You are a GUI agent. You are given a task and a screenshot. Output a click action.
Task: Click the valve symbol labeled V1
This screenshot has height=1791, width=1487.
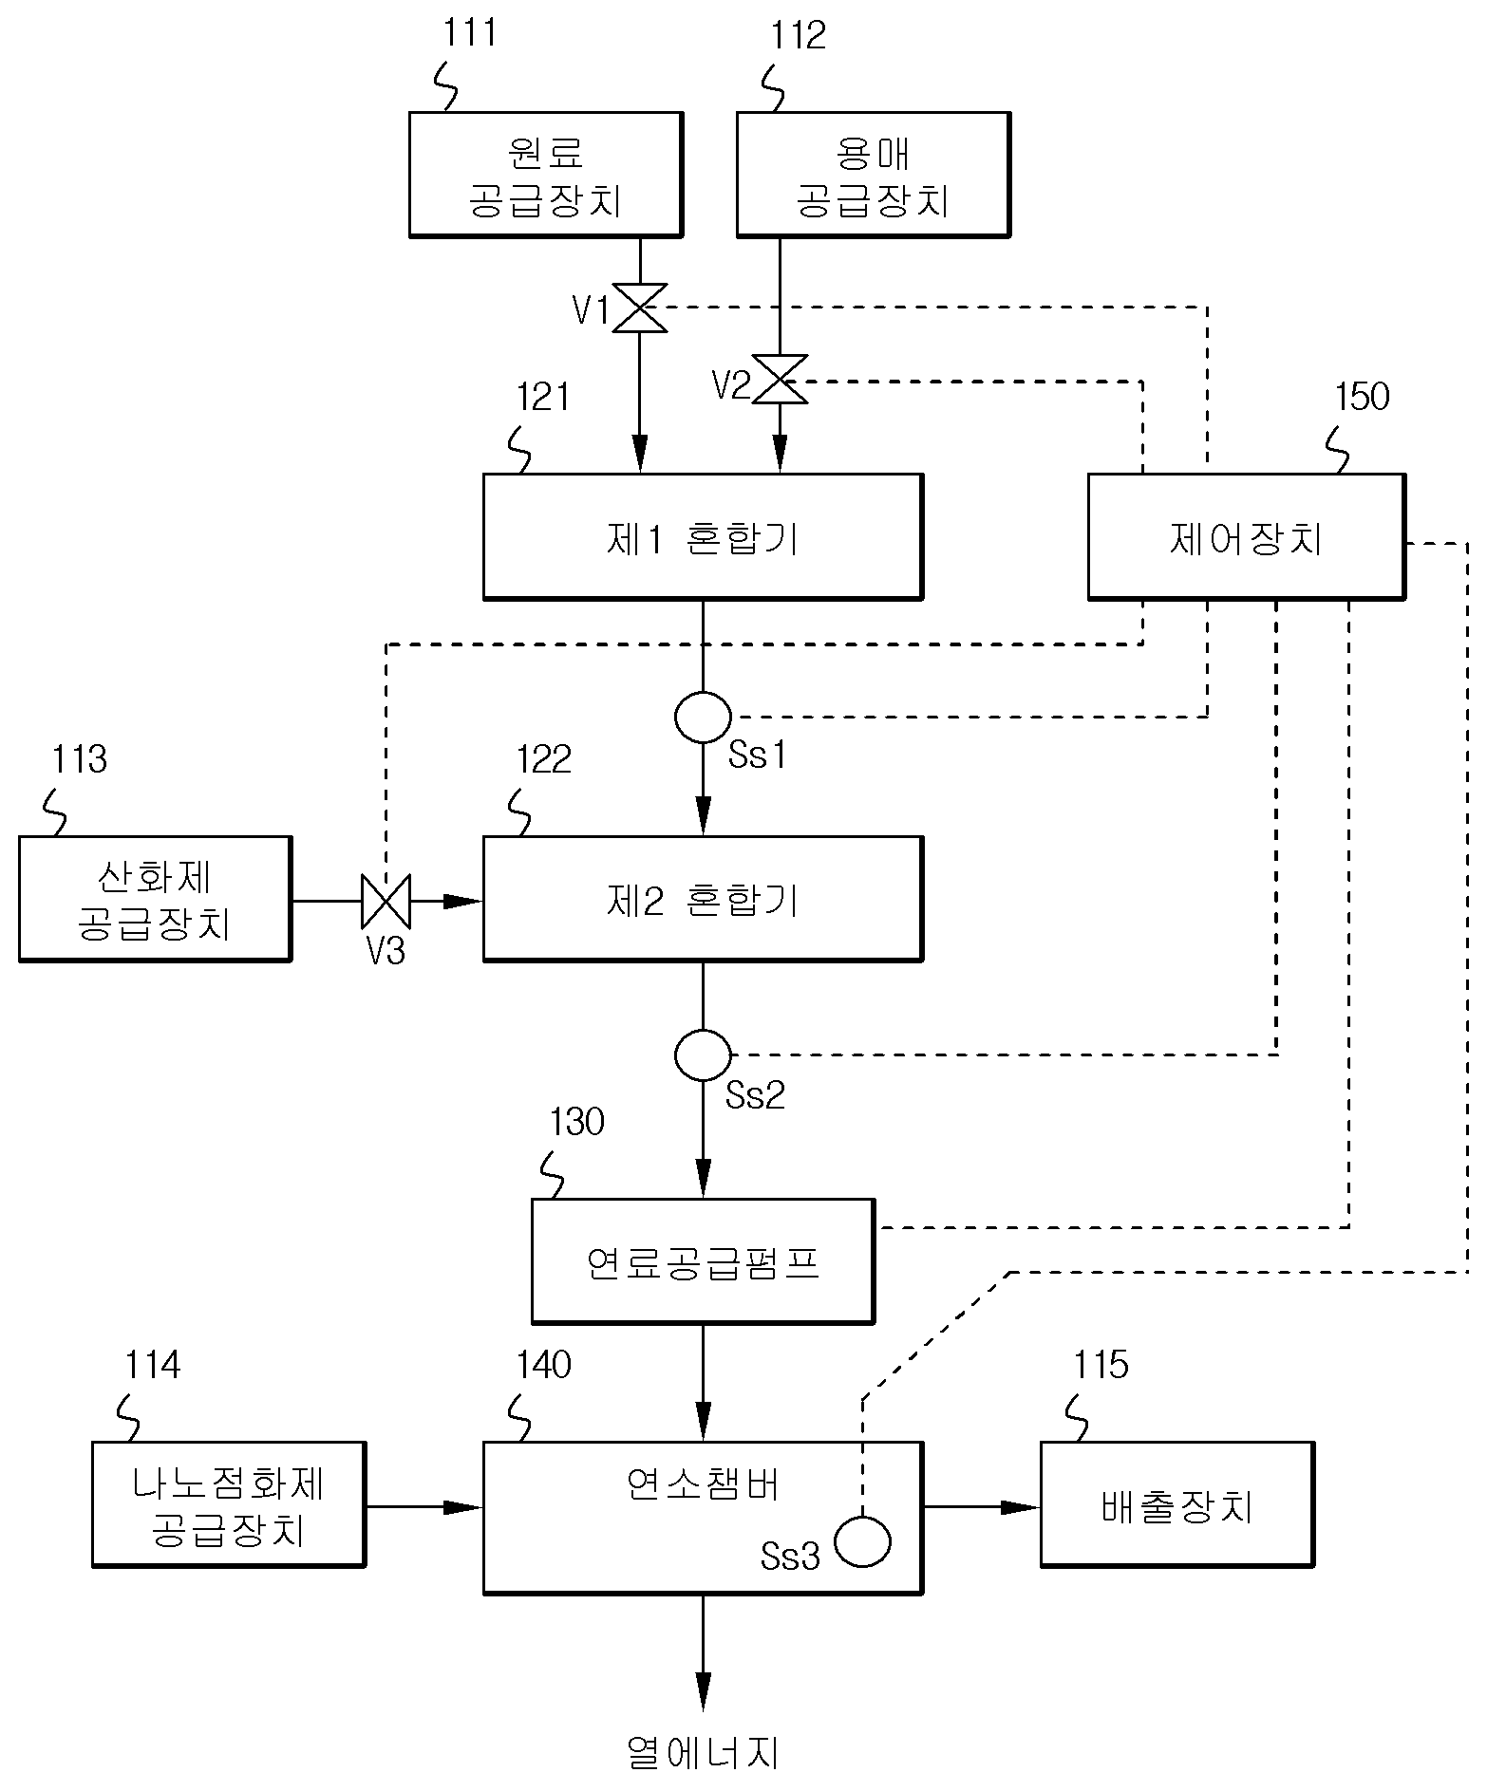tap(640, 308)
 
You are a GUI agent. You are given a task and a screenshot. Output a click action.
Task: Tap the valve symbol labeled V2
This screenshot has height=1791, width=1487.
tap(780, 380)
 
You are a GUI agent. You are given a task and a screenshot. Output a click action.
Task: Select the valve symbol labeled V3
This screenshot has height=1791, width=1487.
tap(386, 902)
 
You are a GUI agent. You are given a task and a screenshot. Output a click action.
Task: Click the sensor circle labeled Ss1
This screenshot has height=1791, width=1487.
tap(703, 717)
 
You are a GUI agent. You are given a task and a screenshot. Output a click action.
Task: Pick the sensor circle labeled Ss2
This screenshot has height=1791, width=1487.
tap(703, 1054)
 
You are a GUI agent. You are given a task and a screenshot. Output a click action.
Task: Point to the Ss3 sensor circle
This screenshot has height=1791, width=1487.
tap(862, 1541)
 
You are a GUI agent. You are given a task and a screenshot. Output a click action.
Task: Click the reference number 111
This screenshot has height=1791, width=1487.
tap(470, 33)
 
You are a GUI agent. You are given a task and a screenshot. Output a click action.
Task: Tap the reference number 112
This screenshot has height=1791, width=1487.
tap(799, 35)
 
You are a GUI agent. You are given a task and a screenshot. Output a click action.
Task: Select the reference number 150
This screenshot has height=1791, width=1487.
tap(1362, 397)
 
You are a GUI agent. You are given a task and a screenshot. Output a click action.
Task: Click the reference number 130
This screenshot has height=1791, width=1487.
tap(576, 1122)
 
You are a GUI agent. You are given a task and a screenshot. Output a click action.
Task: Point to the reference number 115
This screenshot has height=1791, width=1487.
tap(1101, 1365)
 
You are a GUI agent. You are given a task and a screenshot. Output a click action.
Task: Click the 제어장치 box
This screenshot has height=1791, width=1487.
tap(1246, 537)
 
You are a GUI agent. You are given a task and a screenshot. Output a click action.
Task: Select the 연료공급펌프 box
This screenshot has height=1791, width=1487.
tap(703, 1261)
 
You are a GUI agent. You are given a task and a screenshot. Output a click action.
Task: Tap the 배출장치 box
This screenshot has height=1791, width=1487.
tap(1177, 1504)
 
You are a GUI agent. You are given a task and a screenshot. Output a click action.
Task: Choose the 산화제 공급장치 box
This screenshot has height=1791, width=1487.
tap(155, 899)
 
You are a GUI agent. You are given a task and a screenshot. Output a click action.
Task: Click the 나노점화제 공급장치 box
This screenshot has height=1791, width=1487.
tap(229, 1504)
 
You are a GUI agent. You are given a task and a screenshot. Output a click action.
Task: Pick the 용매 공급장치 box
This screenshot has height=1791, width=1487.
tap(874, 175)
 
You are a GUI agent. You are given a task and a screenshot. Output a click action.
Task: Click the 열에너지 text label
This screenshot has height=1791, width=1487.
tap(703, 1752)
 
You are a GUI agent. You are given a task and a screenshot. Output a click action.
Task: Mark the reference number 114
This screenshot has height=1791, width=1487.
tap(152, 1365)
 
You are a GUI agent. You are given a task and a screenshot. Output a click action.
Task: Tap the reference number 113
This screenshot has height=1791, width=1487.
tap(79, 759)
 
